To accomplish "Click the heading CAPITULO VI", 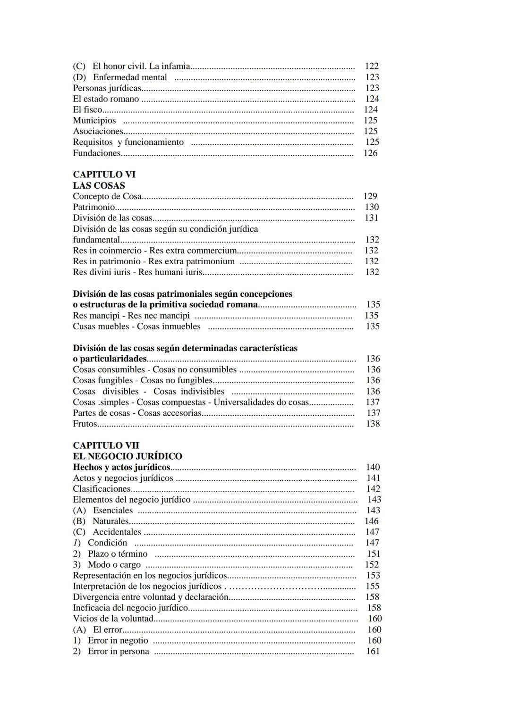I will point(104,175).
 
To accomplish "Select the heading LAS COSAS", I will point(99,185).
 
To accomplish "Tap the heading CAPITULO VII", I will point(106,445).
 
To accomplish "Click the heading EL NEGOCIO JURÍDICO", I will point(127,456).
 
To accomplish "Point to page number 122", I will point(372,67).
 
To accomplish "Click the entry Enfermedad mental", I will point(130,77).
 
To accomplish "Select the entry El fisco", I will point(87,110).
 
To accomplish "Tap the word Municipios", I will point(94,121).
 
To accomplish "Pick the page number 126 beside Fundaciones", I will point(370,153).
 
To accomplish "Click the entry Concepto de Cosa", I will point(107,196).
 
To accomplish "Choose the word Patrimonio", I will point(94,207).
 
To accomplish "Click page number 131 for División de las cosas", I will point(371,218).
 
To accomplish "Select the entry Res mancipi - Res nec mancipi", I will point(131,316).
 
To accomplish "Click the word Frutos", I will point(85,424).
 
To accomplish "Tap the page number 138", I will point(373,424).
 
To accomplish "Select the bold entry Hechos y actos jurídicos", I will point(121,467).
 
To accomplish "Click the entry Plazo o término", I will point(118,554).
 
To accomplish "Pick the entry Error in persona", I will point(119,652).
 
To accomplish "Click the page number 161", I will point(373,652).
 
